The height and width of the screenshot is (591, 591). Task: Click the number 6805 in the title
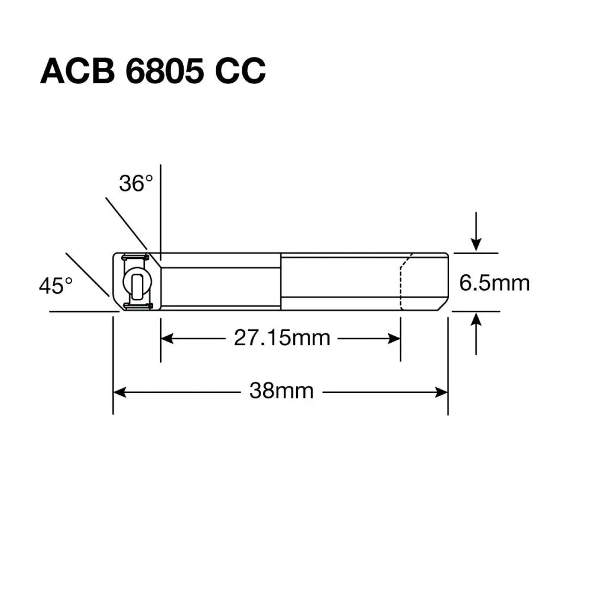[x=160, y=72]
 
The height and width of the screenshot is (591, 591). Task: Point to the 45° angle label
[x=56, y=286]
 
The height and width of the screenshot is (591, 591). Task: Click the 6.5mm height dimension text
[x=494, y=284]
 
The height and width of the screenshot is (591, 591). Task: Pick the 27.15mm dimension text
[x=282, y=338]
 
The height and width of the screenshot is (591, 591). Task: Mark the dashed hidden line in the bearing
[x=402, y=284]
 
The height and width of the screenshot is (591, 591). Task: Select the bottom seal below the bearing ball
[x=137, y=306]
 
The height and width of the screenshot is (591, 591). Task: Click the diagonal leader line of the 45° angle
[x=87, y=274]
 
